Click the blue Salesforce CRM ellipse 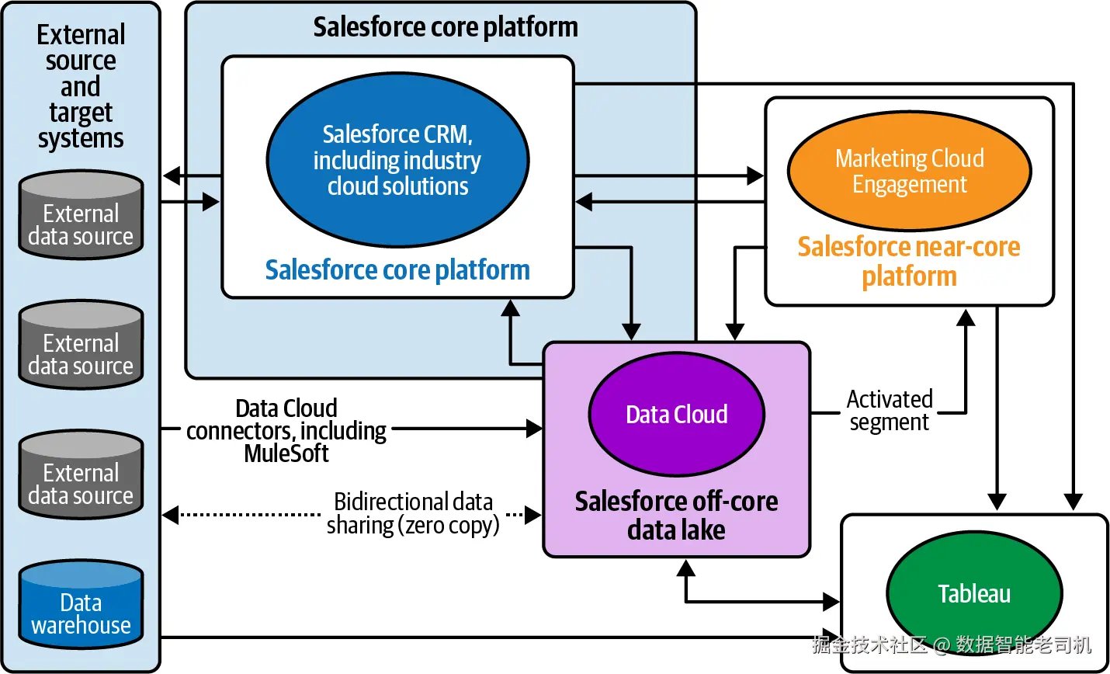coord(397,160)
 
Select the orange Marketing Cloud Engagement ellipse coord(909,171)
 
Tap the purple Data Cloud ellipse coord(676,415)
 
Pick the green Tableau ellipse coord(974,593)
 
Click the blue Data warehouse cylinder coord(81,605)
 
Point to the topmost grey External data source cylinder coord(81,214)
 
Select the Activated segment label coord(890,411)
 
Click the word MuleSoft coord(286,453)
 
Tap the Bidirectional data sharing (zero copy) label coord(413,514)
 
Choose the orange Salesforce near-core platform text coord(909,261)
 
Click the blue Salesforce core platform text coord(397,270)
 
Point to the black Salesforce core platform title coord(446,26)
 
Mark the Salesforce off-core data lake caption coord(676,516)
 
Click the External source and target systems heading coord(81,86)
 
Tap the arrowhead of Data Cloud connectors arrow coord(534,429)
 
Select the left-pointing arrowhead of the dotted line coord(171,515)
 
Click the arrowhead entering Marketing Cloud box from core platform coord(755,176)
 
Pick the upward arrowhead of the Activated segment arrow coord(966,318)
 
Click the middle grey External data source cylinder coord(81,345)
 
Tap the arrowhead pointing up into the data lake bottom coord(686,568)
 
